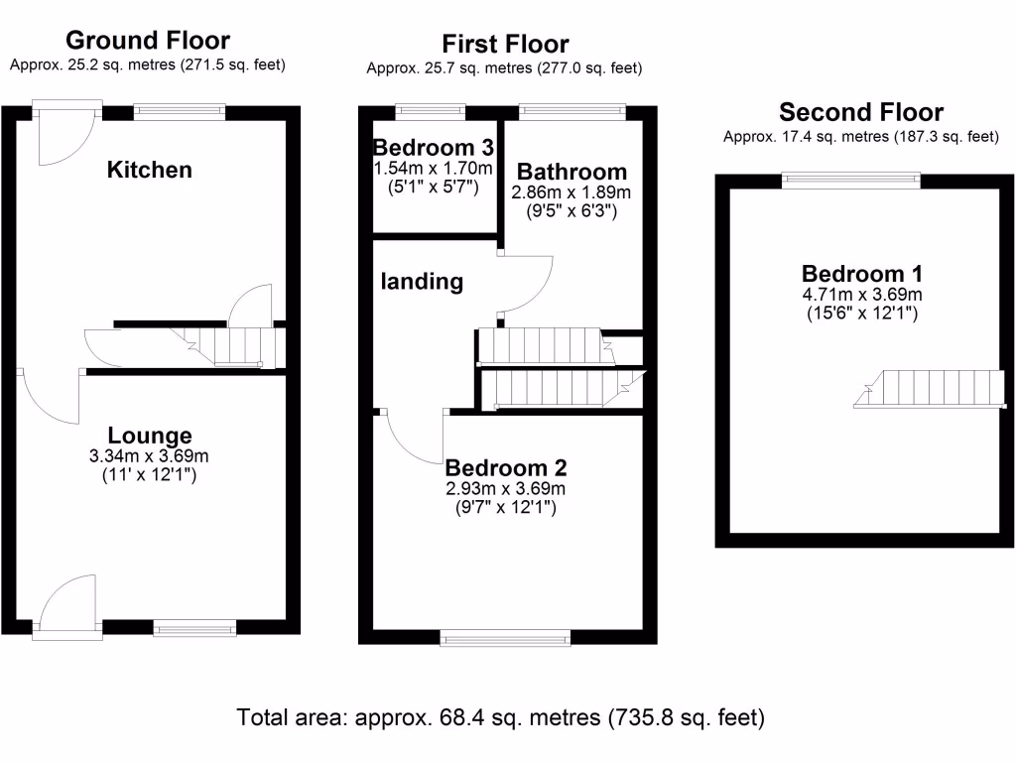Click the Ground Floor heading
point(148,41)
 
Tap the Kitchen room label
point(149,170)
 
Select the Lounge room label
point(150,436)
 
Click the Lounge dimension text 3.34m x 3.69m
point(150,456)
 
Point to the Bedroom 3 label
point(434,146)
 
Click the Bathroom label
point(571,172)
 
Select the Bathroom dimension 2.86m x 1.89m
point(571,192)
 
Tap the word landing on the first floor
point(423,282)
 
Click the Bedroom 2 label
point(506,468)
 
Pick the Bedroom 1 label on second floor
point(862,274)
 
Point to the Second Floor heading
point(860,112)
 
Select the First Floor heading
point(505,45)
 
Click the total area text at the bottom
point(501,716)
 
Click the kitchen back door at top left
point(65,133)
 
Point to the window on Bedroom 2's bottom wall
point(506,639)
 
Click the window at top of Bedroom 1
point(850,180)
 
